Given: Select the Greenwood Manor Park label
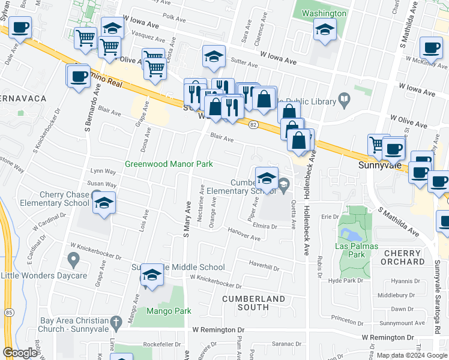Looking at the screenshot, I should [169, 164].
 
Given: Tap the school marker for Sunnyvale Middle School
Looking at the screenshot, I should [152, 275].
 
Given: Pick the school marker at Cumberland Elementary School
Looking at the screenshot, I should [267, 177].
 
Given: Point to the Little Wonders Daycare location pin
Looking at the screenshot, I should [74, 260].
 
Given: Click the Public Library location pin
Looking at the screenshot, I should [345, 99].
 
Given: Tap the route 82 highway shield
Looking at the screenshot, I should [254, 124].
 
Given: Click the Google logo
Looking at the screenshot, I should [20, 353].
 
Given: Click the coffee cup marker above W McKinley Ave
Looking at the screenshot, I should [430, 47].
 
